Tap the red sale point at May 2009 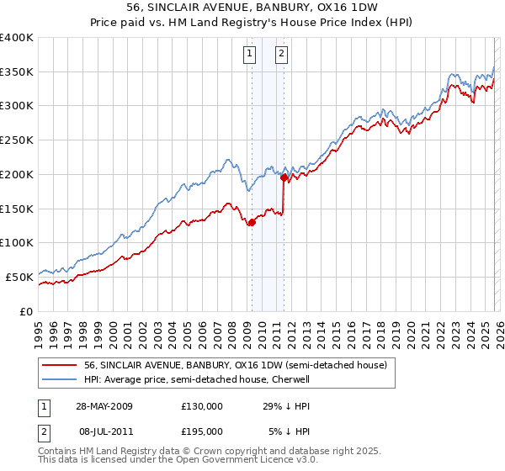[252, 222]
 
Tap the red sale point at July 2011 [284, 177]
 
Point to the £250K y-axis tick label [17, 140]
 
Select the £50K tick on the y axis [19, 277]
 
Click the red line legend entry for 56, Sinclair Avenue [235, 365]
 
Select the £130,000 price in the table [201, 406]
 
